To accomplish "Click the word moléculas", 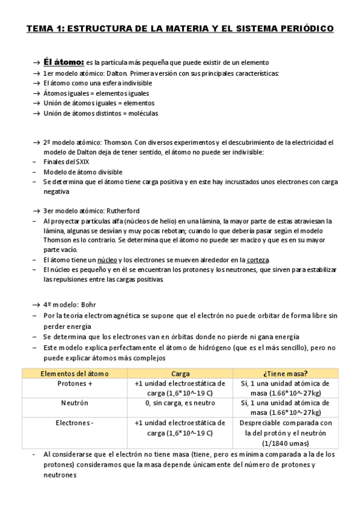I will tap(142, 113).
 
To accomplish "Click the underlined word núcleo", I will tap(107, 260).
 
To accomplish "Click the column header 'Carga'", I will tap(180, 373).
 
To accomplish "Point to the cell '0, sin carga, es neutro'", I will tap(180, 403).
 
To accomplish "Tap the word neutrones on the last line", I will tap(60, 475).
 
